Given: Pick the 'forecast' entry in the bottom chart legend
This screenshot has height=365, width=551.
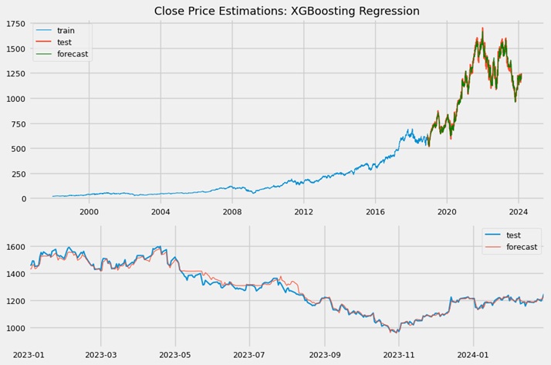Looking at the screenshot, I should point(522,247).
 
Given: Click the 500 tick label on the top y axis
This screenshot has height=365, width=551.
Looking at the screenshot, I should point(17,149).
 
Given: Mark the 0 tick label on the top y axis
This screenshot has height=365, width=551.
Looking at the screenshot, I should point(22,199).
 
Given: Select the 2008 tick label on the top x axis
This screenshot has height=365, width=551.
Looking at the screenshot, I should point(232,211).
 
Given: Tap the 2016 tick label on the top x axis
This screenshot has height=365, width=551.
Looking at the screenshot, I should point(375,211).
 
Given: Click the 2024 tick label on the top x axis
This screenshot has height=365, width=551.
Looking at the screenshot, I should point(519,211).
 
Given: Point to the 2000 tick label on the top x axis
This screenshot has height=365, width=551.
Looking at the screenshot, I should point(89,211).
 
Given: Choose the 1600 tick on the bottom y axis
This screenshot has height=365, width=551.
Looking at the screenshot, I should point(15,247).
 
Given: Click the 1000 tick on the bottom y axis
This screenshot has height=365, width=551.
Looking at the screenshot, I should point(15,328).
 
